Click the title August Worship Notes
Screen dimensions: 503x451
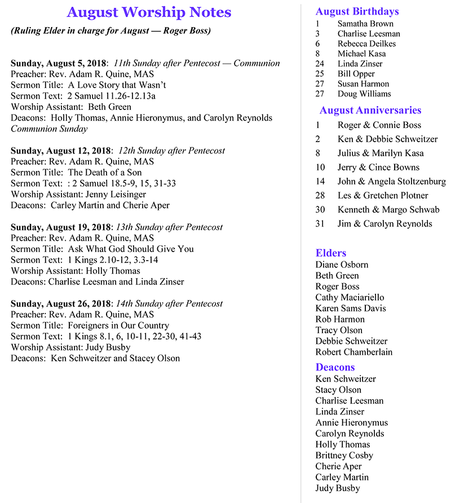pyautogui.click(x=149, y=12)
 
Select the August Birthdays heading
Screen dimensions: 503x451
pyautogui.click(x=357, y=11)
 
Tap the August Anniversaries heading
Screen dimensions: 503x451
pyautogui.click(x=370, y=110)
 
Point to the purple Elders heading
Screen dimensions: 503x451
pyautogui.click(x=331, y=253)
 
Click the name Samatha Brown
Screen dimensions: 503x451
pyautogui.click(x=365, y=24)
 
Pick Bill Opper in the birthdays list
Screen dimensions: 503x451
pyautogui.click(x=356, y=74)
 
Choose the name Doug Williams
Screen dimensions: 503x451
pyautogui.click(x=364, y=94)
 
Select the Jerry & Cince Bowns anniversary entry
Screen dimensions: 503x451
pyautogui.click(x=378, y=167)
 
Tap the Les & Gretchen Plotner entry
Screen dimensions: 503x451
pyautogui.click(x=383, y=195)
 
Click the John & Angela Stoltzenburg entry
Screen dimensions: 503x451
pyautogui.click(x=391, y=181)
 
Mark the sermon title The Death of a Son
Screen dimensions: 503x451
pyautogui.click(x=105, y=173)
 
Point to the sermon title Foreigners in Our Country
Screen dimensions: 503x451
pyautogui.click(x=118, y=325)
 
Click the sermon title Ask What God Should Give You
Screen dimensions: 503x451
pyautogui.click(x=131, y=249)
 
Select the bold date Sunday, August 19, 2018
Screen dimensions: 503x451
pyautogui.click(x=60, y=227)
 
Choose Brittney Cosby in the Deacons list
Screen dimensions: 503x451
pyautogui.click(x=344, y=455)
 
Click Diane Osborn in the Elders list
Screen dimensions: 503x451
pyautogui.click(x=342, y=264)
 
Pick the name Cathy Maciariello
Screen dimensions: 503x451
pyautogui.click(x=350, y=297)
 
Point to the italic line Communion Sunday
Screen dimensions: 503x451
pyautogui.click(x=49, y=129)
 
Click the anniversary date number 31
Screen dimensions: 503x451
pyautogui.click(x=321, y=223)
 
